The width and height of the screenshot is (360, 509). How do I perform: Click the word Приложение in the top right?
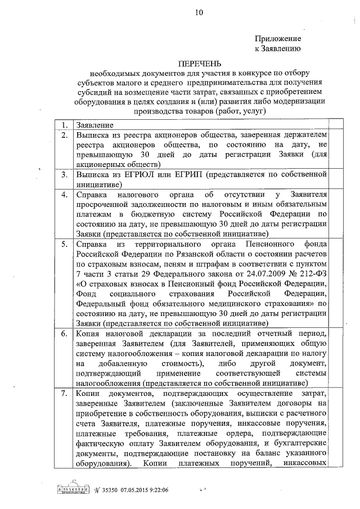tap(278, 39)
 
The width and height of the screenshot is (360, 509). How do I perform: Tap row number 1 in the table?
tap(65, 125)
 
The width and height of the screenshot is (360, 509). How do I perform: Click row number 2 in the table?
tap(65, 136)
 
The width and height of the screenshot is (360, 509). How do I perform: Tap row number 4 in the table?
tap(65, 195)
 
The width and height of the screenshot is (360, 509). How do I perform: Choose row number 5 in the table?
tap(65, 245)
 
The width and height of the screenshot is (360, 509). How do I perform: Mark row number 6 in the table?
tap(65, 334)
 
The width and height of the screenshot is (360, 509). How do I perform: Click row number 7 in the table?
tap(65, 393)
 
